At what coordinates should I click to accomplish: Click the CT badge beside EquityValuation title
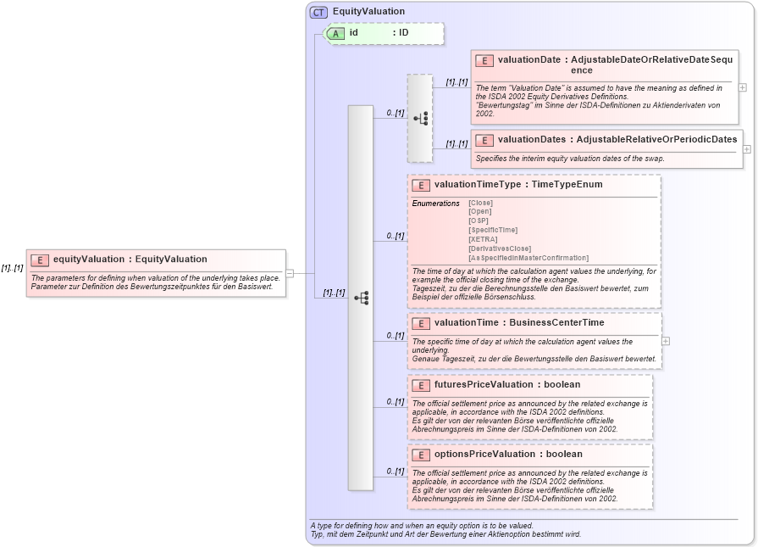[318, 12]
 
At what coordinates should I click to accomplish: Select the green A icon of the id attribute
[335, 33]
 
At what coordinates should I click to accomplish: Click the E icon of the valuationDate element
[484, 60]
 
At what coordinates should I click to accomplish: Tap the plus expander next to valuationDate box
[743, 87]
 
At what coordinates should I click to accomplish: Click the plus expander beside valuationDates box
[747, 149]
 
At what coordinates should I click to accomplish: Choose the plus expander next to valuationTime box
[666, 341]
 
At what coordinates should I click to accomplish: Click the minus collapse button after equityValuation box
[290, 273]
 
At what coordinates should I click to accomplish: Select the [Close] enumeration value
[480, 203]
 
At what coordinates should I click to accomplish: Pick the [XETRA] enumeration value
[482, 239]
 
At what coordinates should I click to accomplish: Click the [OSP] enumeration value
[479, 220]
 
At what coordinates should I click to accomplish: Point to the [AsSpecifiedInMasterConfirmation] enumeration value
[528, 258]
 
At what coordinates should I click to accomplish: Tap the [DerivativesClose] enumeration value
[499, 248]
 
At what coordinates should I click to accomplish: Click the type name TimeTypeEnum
[567, 184]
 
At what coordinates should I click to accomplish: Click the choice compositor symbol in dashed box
[420, 119]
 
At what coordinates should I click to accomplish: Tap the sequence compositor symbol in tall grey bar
[361, 298]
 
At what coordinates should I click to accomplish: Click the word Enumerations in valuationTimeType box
[436, 204]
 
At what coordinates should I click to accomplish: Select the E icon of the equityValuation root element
[40, 260]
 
